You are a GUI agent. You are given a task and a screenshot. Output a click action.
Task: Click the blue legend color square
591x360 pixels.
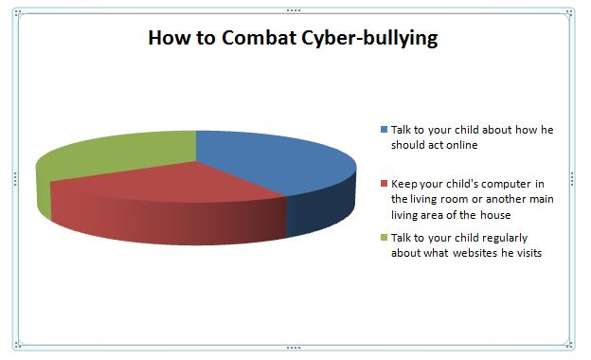pos(384,129)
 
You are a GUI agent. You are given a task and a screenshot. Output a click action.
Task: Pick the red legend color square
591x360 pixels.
pos(384,183)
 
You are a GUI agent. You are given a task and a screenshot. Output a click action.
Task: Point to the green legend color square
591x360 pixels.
pos(384,237)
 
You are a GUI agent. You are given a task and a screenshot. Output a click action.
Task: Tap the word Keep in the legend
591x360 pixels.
pos(403,183)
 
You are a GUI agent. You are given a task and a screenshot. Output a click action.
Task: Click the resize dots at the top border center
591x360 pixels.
pos(294,9)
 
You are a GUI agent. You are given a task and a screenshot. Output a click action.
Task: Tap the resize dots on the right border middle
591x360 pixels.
pos(572,178)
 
